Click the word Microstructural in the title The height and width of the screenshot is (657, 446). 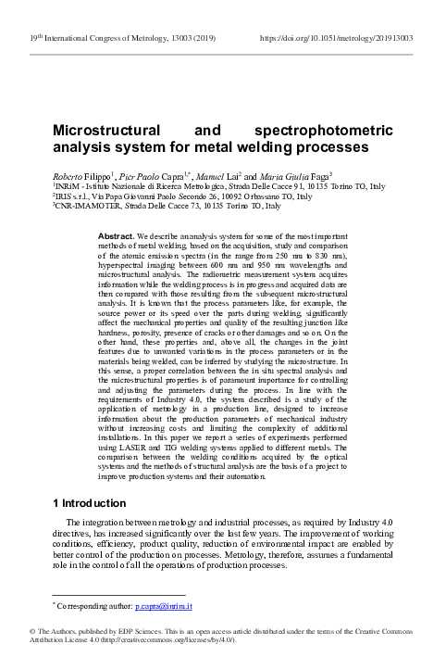pos(105,129)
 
